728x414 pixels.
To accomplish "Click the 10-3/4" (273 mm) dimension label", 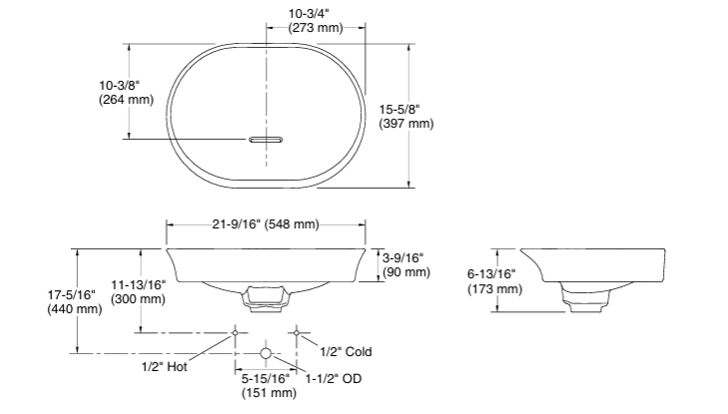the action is (x=316, y=21).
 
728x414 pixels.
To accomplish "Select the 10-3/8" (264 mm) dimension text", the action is (x=127, y=93).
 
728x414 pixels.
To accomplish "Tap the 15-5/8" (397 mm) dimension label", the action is (x=406, y=117).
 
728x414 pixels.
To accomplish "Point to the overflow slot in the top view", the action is (x=266, y=140).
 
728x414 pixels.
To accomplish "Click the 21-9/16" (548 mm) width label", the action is (x=266, y=224).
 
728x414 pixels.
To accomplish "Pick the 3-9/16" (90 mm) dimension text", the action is (x=406, y=264).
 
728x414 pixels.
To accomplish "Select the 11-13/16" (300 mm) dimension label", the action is (x=139, y=292).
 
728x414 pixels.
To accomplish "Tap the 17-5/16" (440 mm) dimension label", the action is (x=74, y=301).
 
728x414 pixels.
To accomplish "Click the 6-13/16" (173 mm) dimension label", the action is (x=495, y=281).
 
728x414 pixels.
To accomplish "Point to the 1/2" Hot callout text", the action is (x=165, y=366).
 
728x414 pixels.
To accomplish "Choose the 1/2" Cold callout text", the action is (x=346, y=352).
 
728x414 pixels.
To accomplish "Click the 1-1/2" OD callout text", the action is (x=333, y=379).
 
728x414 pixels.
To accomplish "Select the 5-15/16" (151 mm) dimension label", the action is (x=268, y=386).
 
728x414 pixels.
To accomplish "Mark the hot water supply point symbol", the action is (x=235, y=332).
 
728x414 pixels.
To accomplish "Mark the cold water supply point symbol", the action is (x=296, y=332).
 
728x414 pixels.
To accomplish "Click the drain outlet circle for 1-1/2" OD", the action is (x=265, y=353).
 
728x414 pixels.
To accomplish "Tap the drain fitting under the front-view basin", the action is (x=266, y=298).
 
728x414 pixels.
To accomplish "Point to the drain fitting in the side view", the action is (x=583, y=299).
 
